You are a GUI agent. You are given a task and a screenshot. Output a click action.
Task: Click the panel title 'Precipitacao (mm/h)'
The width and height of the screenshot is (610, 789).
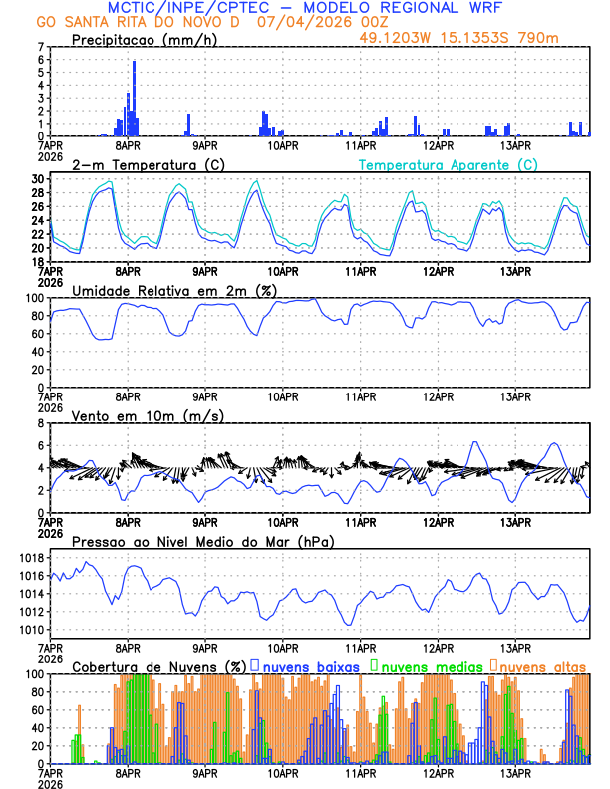(145, 40)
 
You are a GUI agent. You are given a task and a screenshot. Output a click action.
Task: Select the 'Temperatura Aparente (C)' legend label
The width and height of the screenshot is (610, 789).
(448, 164)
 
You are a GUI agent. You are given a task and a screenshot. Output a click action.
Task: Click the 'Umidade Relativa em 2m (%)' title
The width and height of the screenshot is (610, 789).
(173, 290)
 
